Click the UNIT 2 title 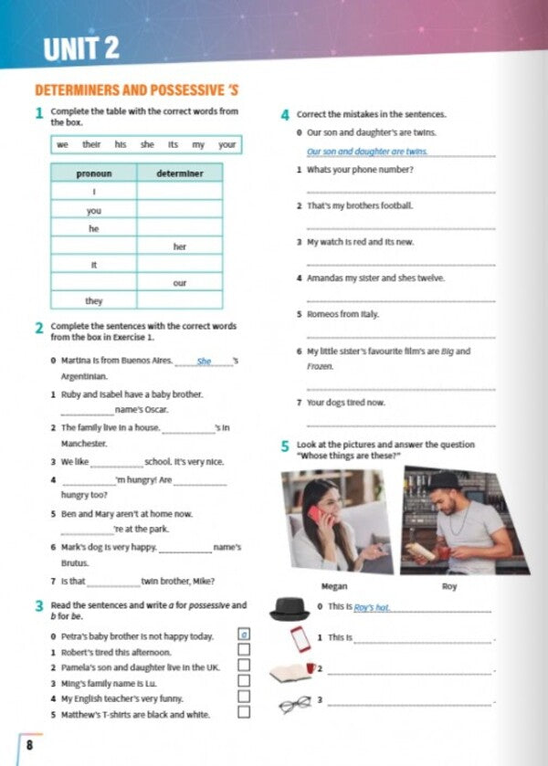(81, 48)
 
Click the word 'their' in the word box (91, 144)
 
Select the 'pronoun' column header (94, 173)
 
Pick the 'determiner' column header (179, 173)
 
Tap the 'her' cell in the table (179, 247)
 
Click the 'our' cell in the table (179, 283)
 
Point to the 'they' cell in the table (94, 300)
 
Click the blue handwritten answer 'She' (204, 362)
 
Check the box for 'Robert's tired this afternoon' (244, 651)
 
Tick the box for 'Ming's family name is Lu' (244, 681)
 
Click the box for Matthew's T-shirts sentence (244, 712)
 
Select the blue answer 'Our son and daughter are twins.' (367, 152)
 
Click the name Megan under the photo (335, 586)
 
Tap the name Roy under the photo (449, 586)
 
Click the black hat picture (291, 608)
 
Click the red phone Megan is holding (314, 513)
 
